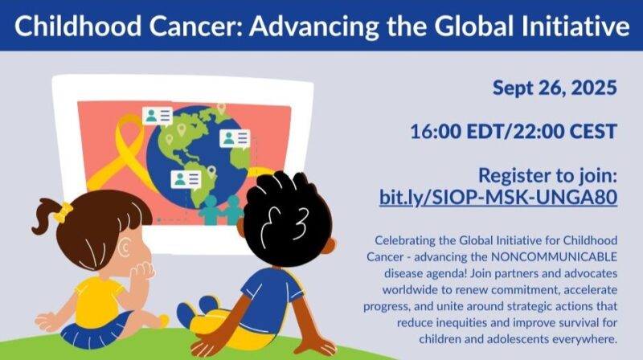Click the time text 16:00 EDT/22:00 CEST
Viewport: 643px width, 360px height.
tap(514, 132)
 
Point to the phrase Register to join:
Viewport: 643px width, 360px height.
tap(547, 175)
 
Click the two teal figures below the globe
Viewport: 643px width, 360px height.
tap(222, 211)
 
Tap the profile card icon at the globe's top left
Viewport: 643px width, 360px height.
tap(158, 115)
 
